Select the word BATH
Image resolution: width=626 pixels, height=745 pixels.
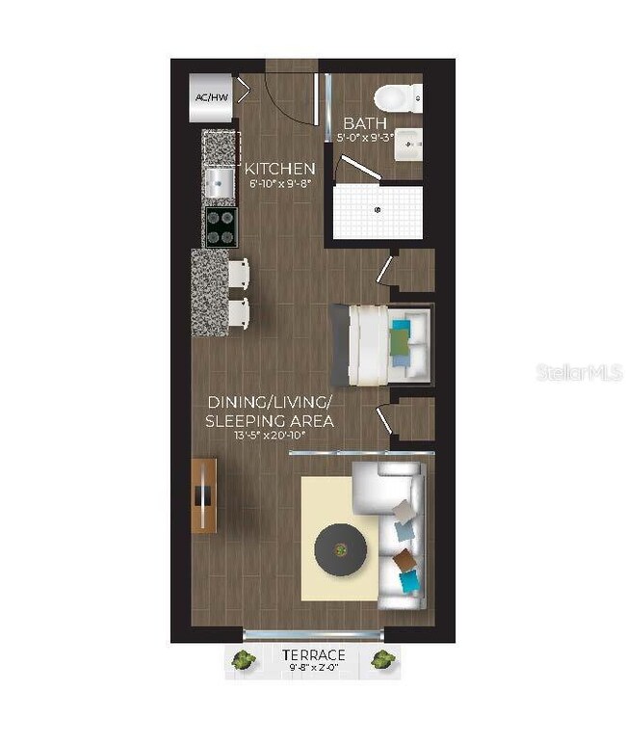click(365, 123)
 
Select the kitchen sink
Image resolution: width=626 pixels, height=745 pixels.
click(219, 181)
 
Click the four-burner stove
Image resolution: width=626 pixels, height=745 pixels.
click(221, 226)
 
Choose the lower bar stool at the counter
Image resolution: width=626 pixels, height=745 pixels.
click(237, 313)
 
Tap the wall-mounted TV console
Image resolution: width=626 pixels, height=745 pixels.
click(203, 496)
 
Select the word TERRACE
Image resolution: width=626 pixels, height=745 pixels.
click(314, 654)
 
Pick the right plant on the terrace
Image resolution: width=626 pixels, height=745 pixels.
click(383, 660)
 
